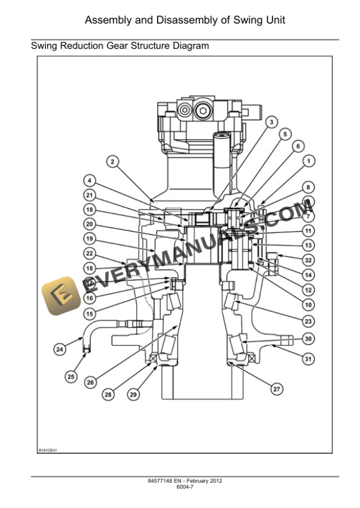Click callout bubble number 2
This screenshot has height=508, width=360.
point(112,161)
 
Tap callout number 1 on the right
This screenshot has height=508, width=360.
point(308,161)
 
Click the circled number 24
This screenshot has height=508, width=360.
point(59,349)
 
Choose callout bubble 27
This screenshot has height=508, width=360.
point(275,389)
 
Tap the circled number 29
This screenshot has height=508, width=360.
point(134,395)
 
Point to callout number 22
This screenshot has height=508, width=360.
point(89,253)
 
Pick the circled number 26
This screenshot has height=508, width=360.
point(90,382)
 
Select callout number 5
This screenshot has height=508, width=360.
point(285,134)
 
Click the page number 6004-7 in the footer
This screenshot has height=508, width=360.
point(185,487)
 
